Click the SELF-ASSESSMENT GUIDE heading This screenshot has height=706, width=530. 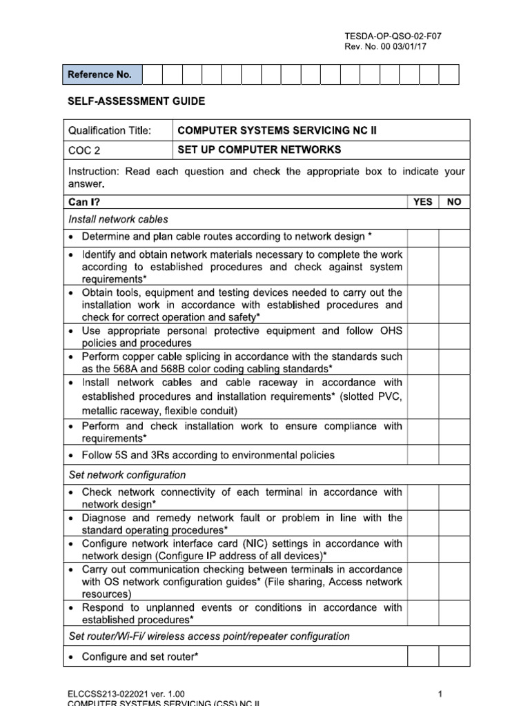(x=136, y=101)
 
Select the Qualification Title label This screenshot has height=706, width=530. (x=110, y=130)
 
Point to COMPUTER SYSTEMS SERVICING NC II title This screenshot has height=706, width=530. (x=277, y=130)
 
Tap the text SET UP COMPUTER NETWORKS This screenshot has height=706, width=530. (x=259, y=150)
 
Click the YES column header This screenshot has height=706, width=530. (x=422, y=202)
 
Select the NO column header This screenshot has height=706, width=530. (x=454, y=202)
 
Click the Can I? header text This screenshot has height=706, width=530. (x=83, y=202)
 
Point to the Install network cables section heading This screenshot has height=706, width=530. (x=118, y=219)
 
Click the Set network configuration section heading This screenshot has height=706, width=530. (x=127, y=475)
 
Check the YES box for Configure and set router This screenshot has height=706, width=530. (x=422, y=656)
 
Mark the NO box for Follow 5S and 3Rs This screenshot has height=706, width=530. (x=454, y=455)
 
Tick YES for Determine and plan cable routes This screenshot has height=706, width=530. (x=422, y=236)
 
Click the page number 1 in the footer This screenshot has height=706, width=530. (x=439, y=693)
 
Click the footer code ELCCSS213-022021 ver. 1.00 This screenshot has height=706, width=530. (x=126, y=693)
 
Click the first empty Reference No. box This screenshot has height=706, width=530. (x=152, y=74)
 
